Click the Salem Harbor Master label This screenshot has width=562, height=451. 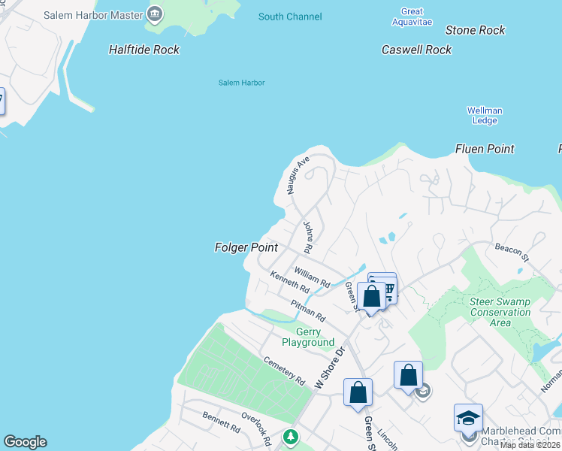pyautogui.click(x=94, y=14)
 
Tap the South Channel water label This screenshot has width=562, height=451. pyautogui.click(x=290, y=17)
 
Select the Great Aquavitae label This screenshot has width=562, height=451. pyautogui.click(x=412, y=17)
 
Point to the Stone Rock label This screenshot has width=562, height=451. pyautogui.click(x=475, y=31)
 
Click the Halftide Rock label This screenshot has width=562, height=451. pyautogui.click(x=144, y=50)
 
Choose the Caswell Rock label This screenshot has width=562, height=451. pyautogui.click(x=416, y=50)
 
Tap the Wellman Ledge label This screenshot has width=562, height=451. pyautogui.click(x=485, y=116)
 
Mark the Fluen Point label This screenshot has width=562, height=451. pyautogui.click(x=485, y=149)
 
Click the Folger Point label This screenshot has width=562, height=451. pyautogui.click(x=246, y=247)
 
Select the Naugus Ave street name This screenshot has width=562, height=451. pyautogui.click(x=298, y=175)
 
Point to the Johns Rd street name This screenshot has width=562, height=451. pyautogui.click(x=307, y=236)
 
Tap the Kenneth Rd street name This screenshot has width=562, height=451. pyautogui.click(x=290, y=283)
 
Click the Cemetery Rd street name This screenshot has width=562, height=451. pyautogui.click(x=284, y=369)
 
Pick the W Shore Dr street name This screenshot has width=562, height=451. pyautogui.click(x=328, y=366)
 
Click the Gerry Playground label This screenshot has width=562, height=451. pyautogui.click(x=308, y=337)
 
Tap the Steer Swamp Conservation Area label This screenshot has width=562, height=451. pyautogui.click(x=500, y=312)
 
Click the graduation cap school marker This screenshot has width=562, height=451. pyautogui.click(x=468, y=418)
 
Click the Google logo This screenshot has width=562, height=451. pyautogui.click(x=25, y=442)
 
